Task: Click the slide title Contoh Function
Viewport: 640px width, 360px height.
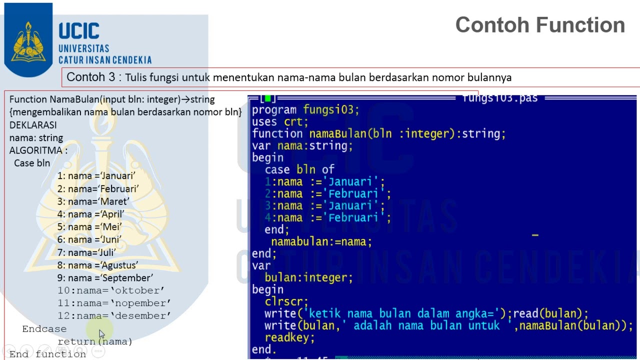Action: click(540, 25)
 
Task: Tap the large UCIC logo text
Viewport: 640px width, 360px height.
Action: click(79, 30)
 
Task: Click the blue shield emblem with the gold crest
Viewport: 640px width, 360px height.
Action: click(28, 40)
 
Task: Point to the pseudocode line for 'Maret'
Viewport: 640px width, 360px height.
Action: click(93, 201)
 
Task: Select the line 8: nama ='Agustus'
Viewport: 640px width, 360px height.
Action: click(97, 265)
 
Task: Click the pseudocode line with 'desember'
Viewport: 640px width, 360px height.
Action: click(114, 315)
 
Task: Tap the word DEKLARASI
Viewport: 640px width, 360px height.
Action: click(33, 125)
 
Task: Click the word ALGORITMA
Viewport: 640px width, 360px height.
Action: click(35, 150)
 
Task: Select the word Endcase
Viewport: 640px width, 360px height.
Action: click(44, 329)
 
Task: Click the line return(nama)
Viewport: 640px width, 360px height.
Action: click(95, 341)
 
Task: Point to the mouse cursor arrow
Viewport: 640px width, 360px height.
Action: click(102, 333)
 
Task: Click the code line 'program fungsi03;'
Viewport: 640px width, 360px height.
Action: click(305, 110)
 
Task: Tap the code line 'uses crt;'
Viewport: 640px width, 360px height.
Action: click(280, 122)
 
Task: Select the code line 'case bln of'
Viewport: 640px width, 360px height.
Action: click(299, 169)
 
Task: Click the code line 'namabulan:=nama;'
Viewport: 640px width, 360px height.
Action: click(321, 241)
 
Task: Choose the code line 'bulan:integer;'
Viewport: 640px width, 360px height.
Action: click(308, 277)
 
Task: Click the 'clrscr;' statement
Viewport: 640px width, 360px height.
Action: click(286, 301)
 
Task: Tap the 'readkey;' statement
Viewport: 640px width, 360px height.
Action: click(289, 337)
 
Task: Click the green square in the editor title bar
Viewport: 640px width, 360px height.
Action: click(267, 98)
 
